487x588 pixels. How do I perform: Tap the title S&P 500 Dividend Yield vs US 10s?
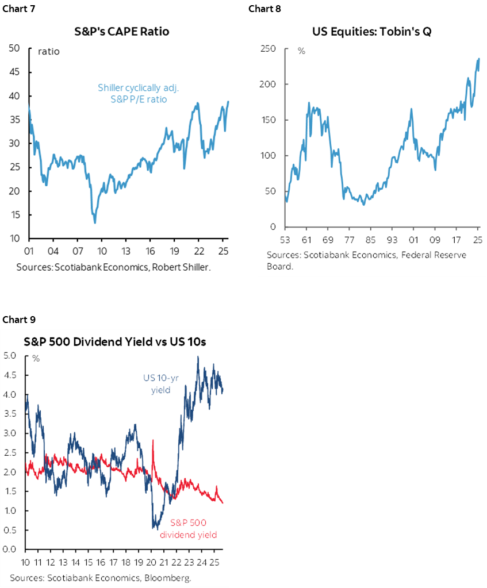coord(115,341)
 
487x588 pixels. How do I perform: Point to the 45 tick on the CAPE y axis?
coord(16,72)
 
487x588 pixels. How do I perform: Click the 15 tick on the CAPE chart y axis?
coord(16,215)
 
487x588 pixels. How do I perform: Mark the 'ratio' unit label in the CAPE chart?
coord(49,52)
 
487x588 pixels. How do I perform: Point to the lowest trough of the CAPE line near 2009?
coord(94,222)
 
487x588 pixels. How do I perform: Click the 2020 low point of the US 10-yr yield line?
coord(155,528)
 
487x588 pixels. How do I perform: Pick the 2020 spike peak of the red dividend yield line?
coord(153,441)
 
